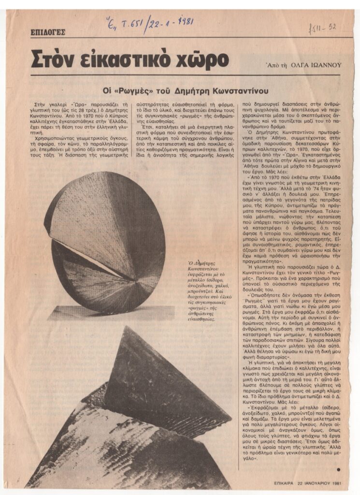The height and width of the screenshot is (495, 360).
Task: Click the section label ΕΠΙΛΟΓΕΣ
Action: [47, 33]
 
